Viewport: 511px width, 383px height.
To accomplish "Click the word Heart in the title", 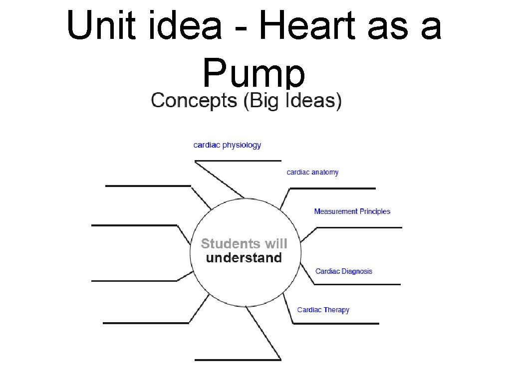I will (x=296, y=26).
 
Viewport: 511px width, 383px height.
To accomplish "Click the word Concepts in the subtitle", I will (x=194, y=101).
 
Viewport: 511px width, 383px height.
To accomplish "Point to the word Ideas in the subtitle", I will (x=314, y=101).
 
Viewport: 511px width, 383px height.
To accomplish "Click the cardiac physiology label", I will (x=227, y=145).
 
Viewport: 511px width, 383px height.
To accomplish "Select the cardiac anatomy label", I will (x=312, y=172).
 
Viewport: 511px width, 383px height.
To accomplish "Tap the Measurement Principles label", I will (x=352, y=211).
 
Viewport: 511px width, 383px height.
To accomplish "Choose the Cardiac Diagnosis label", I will (x=344, y=271).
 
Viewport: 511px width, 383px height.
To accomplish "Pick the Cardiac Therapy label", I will (x=323, y=310).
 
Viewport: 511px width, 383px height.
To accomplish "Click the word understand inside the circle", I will (x=244, y=258).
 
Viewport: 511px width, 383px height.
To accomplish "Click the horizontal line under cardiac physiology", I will (x=238, y=161).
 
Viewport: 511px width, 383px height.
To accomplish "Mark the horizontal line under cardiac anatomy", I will (x=332, y=189).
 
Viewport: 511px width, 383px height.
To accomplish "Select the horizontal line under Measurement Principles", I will (x=359, y=227).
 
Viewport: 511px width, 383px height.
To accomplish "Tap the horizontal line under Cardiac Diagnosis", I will (x=357, y=284).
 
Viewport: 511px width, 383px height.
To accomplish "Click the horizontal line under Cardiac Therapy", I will (x=336, y=324).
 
